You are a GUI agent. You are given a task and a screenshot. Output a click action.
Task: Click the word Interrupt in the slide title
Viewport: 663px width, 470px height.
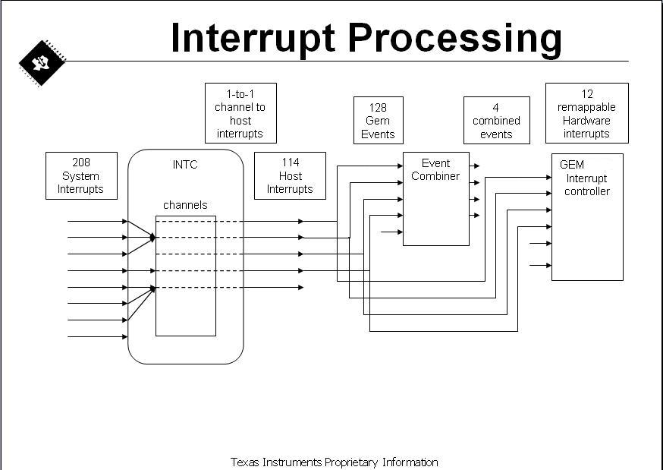[253, 39]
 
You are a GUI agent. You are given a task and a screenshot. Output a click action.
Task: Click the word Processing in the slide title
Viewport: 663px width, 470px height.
[455, 39]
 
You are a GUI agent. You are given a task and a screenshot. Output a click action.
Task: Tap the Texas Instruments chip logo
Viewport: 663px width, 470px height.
[42, 63]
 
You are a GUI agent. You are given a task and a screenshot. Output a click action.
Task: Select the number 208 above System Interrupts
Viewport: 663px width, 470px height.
[81, 162]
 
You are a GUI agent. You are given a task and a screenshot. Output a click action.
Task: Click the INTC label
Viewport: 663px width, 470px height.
[185, 165]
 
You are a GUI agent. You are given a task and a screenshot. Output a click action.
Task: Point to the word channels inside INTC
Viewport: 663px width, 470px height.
[185, 205]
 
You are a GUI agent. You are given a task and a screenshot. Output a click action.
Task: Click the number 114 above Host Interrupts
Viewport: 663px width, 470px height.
[291, 162]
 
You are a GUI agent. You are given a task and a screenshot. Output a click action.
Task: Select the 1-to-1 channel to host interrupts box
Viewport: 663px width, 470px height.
[240, 113]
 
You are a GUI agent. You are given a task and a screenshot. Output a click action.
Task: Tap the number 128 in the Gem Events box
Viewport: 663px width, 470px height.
[378, 108]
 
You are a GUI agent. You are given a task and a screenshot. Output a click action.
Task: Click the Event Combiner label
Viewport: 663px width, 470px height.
[435, 169]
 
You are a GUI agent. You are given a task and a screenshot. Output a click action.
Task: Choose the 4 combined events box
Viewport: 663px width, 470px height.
[496, 120]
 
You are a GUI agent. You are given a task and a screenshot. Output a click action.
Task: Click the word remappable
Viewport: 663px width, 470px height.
[586, 108]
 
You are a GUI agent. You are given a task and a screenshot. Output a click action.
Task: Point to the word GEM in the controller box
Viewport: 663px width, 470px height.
[572, 165]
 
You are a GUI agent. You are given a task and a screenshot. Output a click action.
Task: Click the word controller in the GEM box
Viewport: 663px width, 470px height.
[587, 191]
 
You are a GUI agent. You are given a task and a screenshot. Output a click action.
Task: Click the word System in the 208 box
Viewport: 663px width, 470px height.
[80, 176]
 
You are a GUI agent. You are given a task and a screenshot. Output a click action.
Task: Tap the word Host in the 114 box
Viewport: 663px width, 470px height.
[291, 176]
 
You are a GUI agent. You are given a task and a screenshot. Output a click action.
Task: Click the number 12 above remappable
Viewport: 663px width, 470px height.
[587, 94]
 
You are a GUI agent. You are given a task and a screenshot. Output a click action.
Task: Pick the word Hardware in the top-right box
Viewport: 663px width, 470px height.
[586, 121]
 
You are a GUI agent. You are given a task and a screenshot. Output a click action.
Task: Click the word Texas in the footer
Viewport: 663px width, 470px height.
[245, 462]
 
